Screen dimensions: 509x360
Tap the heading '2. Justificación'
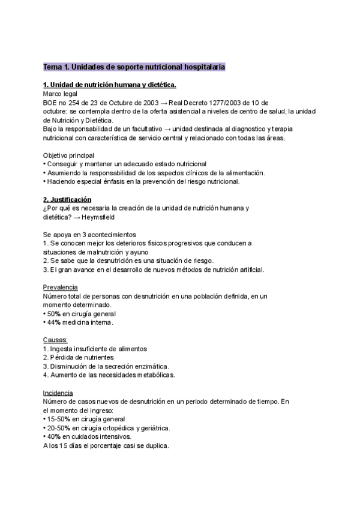point(67,199)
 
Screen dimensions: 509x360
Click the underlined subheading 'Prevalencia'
point(60,288)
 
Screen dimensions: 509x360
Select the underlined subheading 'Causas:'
point(56,340)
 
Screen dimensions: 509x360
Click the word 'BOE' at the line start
point(50,103)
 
